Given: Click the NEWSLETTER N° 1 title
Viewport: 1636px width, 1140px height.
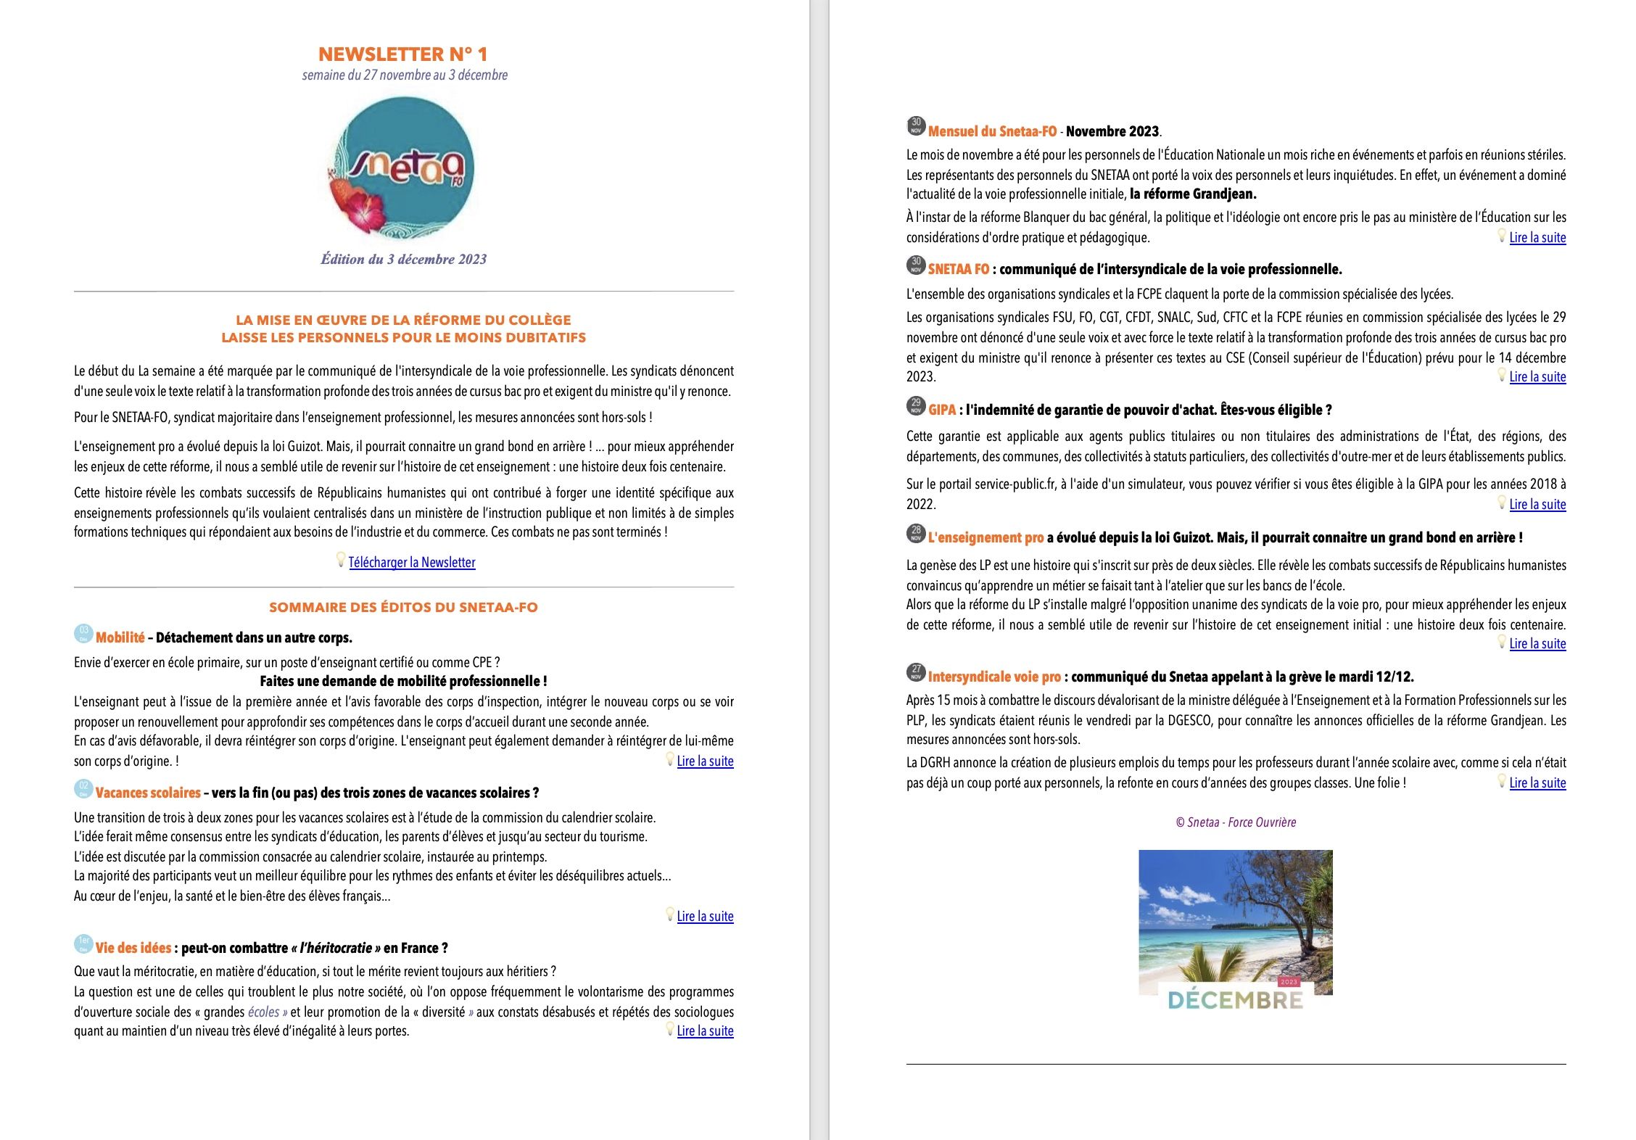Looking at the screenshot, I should pyautogui.click(x=403, y=54).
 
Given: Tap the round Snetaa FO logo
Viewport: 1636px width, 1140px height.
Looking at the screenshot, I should pyautogui.click(x=402, y=168).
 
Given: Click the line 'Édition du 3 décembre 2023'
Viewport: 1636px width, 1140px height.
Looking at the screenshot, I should pyautogui.click(x=404, y=260).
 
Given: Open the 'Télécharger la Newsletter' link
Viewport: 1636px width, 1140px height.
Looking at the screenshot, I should pyautogui.click(x=412, y=563).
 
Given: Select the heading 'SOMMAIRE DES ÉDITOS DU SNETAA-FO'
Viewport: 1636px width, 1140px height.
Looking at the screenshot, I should pyautogui.click(x=403, y=608).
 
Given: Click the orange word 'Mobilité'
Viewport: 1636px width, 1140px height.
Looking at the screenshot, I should pyautogui.click(x=120, y=638).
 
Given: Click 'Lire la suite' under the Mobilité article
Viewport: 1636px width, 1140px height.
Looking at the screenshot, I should pyautogui.click(x=705, y=761).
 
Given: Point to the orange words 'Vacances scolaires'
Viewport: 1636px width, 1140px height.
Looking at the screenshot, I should pyautogui.click(x=148, y=793).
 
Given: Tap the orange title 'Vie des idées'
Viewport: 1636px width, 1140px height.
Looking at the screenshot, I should pyautogui.click(x=133, y=949).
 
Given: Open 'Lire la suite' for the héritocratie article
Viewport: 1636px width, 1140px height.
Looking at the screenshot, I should pyautogui.click(x=705, y=1031).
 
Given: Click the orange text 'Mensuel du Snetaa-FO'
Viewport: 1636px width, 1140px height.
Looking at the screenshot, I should pyautogui.click(x=992, y=132).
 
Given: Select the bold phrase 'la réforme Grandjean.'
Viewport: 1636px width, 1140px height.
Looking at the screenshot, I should pyautogui.click(x=1193, y=194).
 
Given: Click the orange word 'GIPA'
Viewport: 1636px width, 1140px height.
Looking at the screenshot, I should pyautogui.click(x=942, y=410).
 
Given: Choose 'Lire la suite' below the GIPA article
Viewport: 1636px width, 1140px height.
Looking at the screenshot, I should pyautogui.click(x=1537, y=505).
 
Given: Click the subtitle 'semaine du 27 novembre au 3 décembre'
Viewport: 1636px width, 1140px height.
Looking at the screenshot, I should pyautogui.click(x=405, y=75).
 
